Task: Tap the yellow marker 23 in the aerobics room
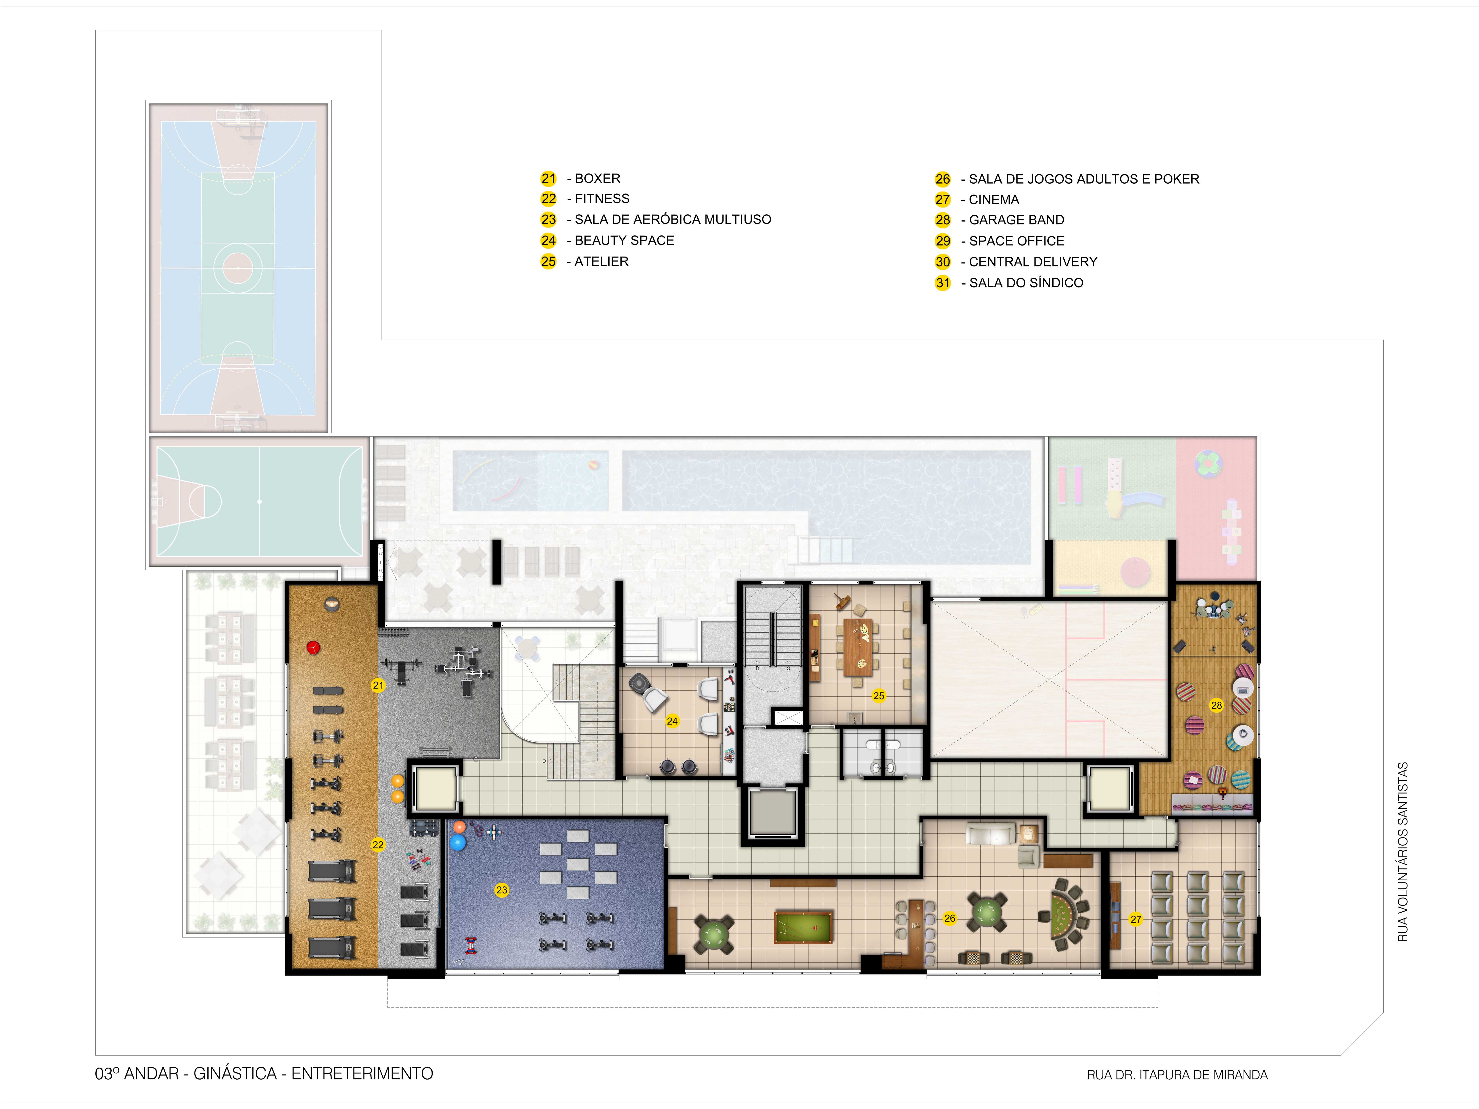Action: click(501, 890)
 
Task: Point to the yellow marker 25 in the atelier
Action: click(879, 696)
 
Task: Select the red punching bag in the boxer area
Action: click(313, 647)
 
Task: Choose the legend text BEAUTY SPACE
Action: click(624, 240)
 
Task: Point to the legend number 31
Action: click(943, 283)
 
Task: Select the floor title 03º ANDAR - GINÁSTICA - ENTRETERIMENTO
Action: click(264, 1074)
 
